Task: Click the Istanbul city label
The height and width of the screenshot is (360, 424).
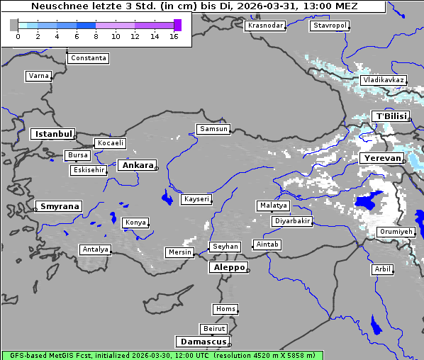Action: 53,133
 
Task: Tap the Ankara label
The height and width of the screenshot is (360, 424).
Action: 137,165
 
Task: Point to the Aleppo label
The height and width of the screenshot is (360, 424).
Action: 227,267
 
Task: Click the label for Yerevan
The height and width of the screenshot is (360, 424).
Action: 381,158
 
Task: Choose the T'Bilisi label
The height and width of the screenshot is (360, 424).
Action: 391,116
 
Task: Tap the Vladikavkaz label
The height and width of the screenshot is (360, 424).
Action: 383,80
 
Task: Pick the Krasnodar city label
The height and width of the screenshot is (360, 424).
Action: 265,26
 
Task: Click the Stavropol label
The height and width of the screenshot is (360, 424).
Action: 330,26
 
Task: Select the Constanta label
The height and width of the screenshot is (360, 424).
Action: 89,58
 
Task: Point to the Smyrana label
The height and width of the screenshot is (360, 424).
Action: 59,206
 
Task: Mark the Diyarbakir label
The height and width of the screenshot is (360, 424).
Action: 291,221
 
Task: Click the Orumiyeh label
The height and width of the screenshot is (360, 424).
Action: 395,232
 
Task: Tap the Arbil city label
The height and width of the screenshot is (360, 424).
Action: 382,269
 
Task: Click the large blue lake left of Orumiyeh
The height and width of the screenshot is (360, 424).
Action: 367,203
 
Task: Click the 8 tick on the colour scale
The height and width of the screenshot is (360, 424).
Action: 96,36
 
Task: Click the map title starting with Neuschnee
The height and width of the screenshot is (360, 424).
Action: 194,6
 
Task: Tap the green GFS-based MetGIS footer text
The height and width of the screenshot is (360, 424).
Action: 162,355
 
